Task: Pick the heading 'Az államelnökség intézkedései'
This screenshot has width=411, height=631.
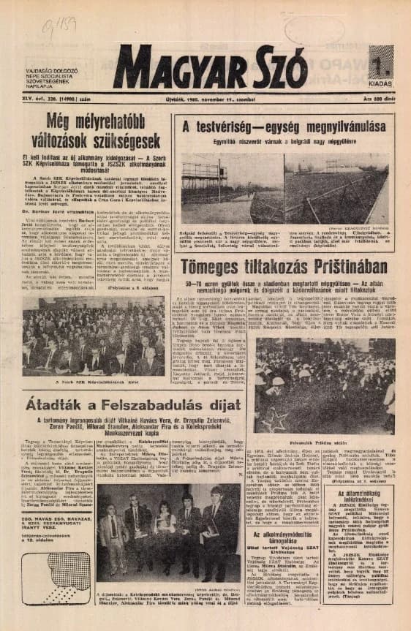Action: coord(358,494)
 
